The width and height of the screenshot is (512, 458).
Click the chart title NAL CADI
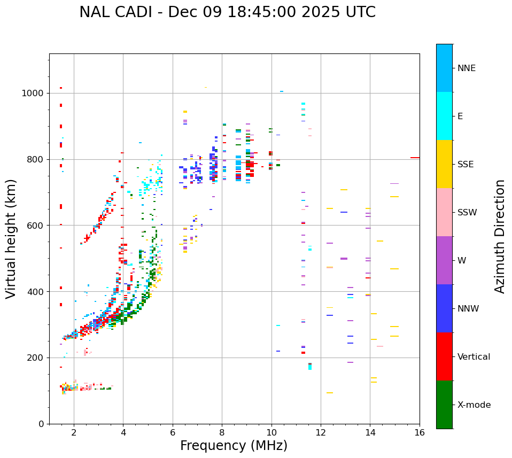pos(227,12)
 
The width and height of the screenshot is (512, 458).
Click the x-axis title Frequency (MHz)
pos(234,446)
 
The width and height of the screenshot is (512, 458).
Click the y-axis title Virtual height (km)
pos(11,239)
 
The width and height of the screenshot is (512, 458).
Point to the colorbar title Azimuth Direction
pos(500,236)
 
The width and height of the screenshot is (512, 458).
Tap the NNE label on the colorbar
pos(466,68)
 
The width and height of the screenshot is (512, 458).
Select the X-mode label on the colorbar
pos(474,405)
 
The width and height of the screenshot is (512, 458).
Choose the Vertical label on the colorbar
pos(474,357)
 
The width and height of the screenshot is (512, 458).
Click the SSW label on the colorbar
pos(467,213)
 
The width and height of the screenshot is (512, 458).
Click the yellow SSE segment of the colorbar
pos(444,164)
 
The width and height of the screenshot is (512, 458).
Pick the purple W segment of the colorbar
pos(444,260)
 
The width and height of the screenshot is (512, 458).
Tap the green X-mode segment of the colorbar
pos(444,405)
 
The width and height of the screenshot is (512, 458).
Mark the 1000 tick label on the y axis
pos(33,94)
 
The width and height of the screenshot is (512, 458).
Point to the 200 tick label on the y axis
pos(36,358)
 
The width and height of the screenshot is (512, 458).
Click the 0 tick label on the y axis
pos(41,424)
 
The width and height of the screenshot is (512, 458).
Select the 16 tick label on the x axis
pos(420,433)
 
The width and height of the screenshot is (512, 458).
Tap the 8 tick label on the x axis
pos(222,433)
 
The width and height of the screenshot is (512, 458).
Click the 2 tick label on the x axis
pos(74,433)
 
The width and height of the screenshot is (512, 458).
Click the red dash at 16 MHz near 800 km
pos(415,158)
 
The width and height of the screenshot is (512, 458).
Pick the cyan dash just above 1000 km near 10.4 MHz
pos(282,91)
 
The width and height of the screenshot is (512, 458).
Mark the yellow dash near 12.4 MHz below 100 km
pos(330,393)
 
